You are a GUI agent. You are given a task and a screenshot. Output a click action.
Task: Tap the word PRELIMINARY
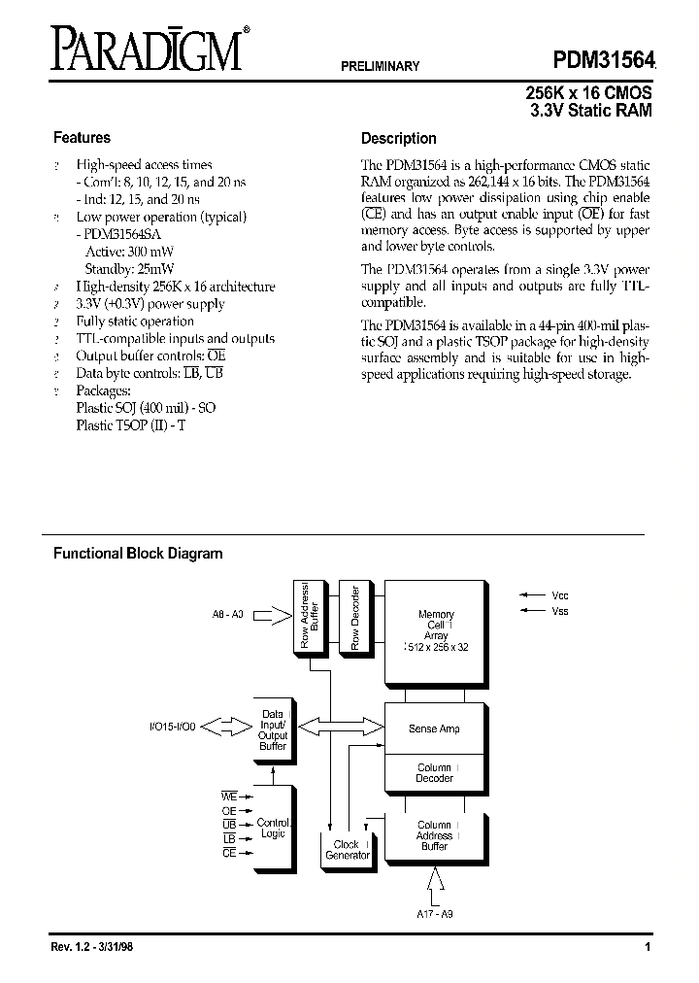[380, 67]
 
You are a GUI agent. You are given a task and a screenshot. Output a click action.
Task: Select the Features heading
[82, 138]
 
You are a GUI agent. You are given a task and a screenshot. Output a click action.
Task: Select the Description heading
[399, 138]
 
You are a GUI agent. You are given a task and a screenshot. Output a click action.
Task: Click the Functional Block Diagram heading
[138, 554]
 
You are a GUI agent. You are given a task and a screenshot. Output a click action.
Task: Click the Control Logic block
[274, 829]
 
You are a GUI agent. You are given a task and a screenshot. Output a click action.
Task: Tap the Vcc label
[559, 594]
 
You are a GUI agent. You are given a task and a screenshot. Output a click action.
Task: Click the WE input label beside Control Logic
[229, 796]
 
